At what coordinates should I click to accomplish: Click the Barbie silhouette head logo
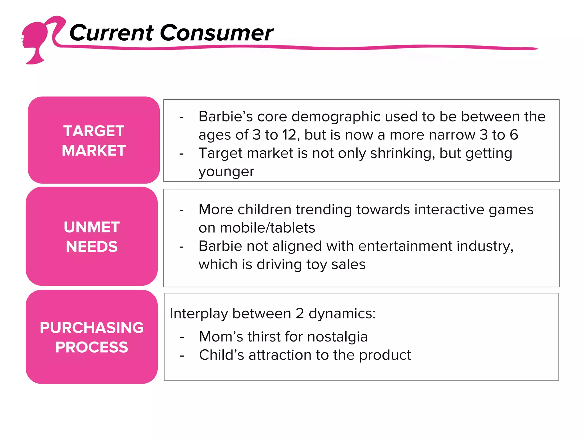point(36,40)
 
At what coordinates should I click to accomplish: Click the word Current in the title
point(111,33)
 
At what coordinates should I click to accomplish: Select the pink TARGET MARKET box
point(94,140)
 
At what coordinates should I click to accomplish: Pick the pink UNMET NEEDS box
point(92,236)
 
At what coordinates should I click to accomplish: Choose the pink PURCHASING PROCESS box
point(92,337)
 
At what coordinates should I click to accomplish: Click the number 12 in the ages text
point(291,135)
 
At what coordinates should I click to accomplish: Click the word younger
point(226,171)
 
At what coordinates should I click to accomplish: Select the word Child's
point(221,355)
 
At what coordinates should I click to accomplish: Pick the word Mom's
point(221,337)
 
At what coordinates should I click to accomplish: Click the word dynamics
point(342,314)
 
